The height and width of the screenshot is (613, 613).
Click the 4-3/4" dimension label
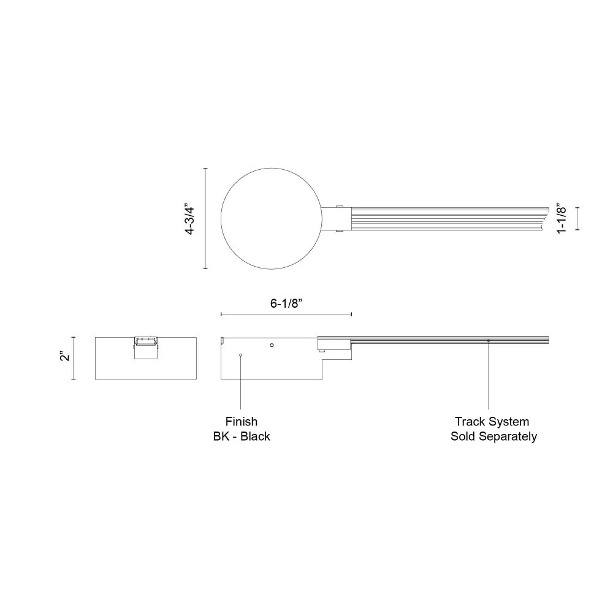point(189,219)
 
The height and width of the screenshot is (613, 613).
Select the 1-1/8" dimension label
point(561,218)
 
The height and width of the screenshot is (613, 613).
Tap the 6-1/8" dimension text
point(287,303)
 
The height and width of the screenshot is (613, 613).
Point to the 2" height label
point(65,357)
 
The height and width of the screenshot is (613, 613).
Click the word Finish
point(241,422)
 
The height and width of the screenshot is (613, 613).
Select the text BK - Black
point(241,436)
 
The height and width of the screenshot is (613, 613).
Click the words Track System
point(492,422)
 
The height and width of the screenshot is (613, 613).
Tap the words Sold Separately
point(493,436)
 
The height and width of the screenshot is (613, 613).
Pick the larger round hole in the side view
point(272,345)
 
